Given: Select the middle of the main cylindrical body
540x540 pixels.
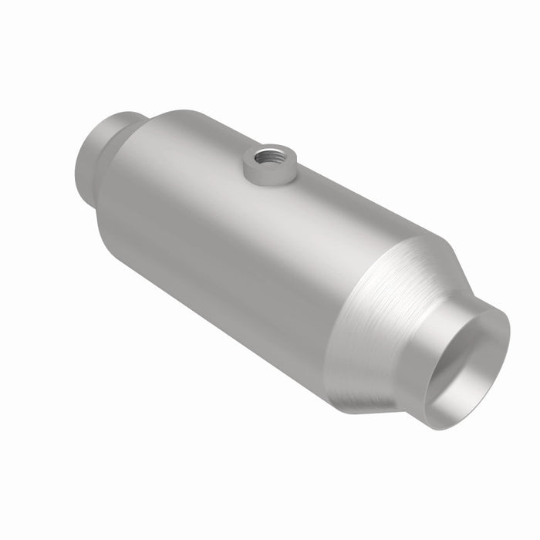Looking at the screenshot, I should (x=231, y=247).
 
